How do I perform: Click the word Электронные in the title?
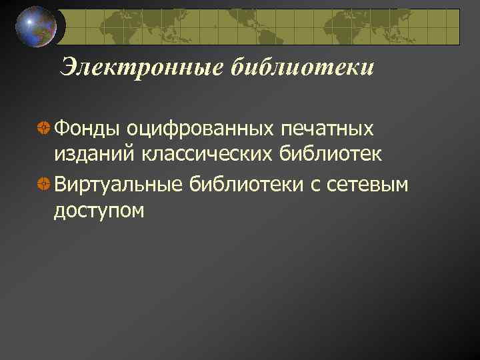143,67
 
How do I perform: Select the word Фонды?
87,127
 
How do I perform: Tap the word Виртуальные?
118,183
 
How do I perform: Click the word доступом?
99,211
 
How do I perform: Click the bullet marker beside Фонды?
43,127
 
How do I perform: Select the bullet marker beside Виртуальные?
43,183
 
